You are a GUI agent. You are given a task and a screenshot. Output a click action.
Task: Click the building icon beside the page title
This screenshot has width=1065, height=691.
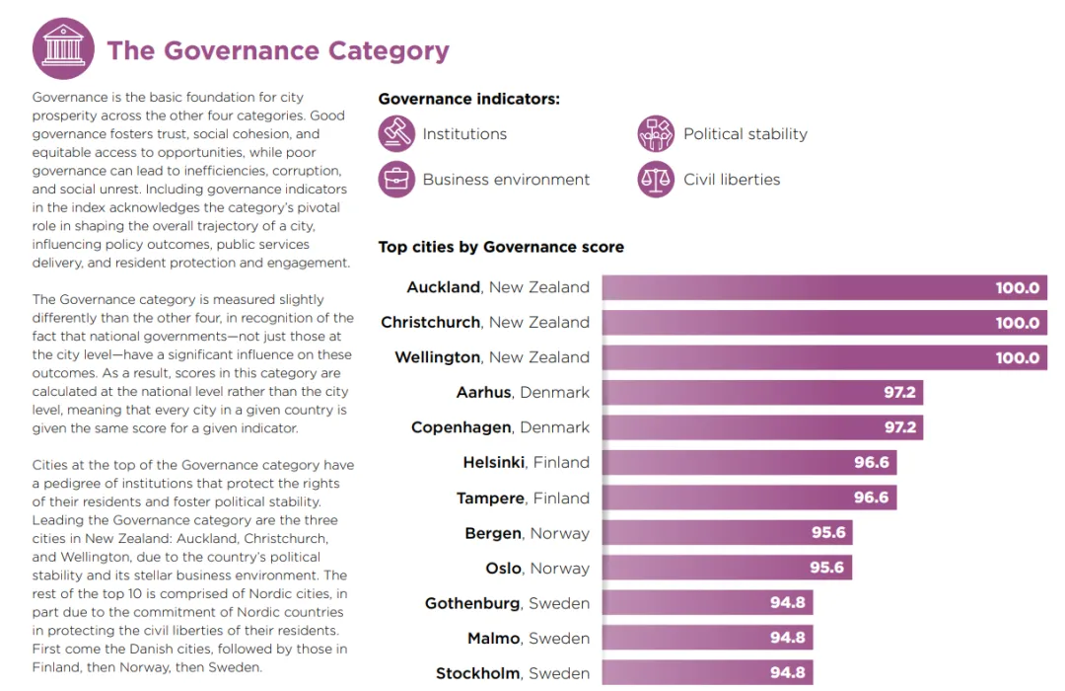pos(63,48)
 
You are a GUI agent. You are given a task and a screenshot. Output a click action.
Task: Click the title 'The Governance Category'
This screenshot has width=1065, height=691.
pos(278,50)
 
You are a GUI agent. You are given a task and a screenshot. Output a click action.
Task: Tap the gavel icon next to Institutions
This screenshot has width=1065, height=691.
pos(396,134)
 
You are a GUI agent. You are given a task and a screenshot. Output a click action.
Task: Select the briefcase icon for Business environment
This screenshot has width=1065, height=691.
pos(396,180)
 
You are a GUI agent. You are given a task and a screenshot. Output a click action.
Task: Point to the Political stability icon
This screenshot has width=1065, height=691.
pos(656,134)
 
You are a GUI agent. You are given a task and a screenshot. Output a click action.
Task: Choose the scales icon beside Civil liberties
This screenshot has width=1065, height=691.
pos(656,180)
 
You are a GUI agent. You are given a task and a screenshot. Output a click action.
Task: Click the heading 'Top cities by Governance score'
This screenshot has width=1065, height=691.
pos(501,247)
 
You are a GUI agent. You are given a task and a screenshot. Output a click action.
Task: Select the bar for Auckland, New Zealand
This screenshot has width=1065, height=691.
pos(824,288)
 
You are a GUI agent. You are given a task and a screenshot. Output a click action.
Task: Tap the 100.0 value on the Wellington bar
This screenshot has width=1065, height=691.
pos(1017,358)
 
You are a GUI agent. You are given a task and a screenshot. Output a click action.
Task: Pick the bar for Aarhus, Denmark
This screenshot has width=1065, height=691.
pos(762,393)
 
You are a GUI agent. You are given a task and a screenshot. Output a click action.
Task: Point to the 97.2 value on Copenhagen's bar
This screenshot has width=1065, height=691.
pos(899,428)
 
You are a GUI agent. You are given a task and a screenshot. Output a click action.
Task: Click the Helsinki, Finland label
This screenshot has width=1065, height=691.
pos(526,463)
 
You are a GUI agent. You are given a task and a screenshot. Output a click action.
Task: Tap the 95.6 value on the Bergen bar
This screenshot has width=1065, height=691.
pos(827,533)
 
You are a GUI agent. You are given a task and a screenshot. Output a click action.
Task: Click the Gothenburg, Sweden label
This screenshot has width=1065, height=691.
pos(507,603)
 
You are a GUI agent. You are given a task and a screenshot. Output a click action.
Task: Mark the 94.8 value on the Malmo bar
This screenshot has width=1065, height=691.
pos(787,639)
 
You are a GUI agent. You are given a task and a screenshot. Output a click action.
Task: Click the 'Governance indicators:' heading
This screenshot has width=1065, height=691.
pos(469,99)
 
